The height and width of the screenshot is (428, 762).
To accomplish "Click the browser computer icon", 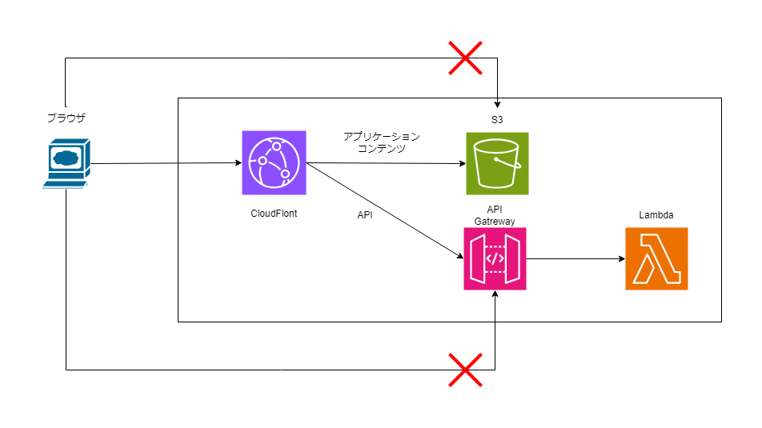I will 66,163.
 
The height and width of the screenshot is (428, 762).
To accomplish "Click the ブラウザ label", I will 66,118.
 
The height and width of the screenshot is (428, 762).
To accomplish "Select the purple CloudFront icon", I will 274,163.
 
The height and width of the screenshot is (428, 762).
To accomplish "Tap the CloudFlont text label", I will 274,214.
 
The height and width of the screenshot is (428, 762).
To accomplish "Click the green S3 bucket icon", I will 497,163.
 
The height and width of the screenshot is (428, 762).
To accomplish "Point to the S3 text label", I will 497,119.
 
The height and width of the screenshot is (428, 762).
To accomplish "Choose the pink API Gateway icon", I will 495,258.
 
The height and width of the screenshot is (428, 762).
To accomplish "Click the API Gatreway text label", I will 495,214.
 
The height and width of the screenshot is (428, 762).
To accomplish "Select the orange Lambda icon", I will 656,258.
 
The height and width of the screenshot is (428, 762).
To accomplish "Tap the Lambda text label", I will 656,214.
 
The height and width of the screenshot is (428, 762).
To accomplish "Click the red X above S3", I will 465,58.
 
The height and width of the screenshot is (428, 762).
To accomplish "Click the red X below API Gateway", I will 465,370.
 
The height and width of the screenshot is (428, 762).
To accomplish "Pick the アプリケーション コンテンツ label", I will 381,142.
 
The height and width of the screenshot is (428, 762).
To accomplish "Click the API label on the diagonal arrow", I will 364,214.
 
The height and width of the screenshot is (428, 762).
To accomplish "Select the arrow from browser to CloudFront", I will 164,164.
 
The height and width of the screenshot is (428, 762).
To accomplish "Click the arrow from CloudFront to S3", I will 384,163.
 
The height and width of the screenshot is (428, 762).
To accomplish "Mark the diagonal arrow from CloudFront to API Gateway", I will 384,210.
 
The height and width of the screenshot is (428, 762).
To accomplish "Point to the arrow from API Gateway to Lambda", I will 575,258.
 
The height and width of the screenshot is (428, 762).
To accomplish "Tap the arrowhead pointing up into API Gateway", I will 495,295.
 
